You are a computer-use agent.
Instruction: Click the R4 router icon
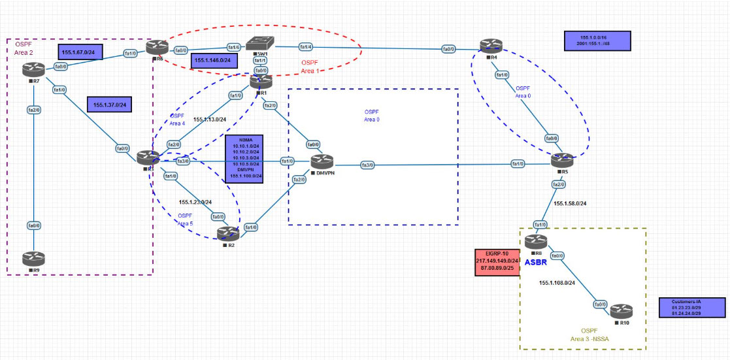point(489,45)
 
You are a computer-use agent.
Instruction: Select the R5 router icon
point(560,160)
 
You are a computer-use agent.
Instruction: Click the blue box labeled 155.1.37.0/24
point(110,105)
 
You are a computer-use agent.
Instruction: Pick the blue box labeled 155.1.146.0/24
point(216,60)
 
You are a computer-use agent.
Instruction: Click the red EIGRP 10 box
point(497,262)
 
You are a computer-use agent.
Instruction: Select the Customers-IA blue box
point(692,308)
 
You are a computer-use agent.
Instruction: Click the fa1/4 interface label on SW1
point(306,46)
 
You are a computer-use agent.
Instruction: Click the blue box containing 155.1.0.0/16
point(597,42)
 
